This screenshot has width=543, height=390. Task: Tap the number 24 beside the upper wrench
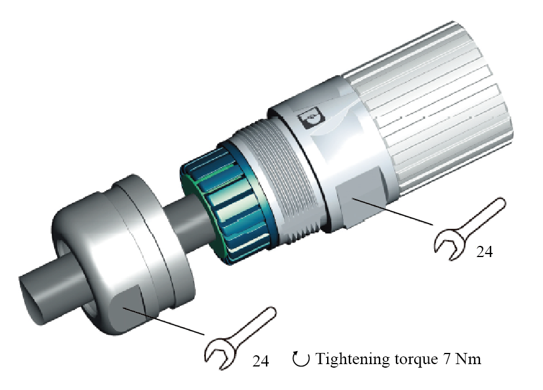pos(484,252)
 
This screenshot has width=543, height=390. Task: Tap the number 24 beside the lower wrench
pos(261,361)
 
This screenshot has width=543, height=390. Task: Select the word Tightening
pos(354,359)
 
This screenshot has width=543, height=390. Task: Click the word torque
pos(416,360)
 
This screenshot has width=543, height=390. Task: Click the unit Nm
pos(468,359)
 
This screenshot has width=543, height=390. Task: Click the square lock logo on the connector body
pos(312,118)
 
